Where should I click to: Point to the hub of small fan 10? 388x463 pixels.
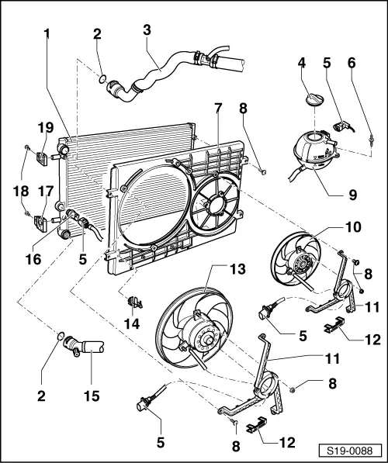[298, 262]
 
